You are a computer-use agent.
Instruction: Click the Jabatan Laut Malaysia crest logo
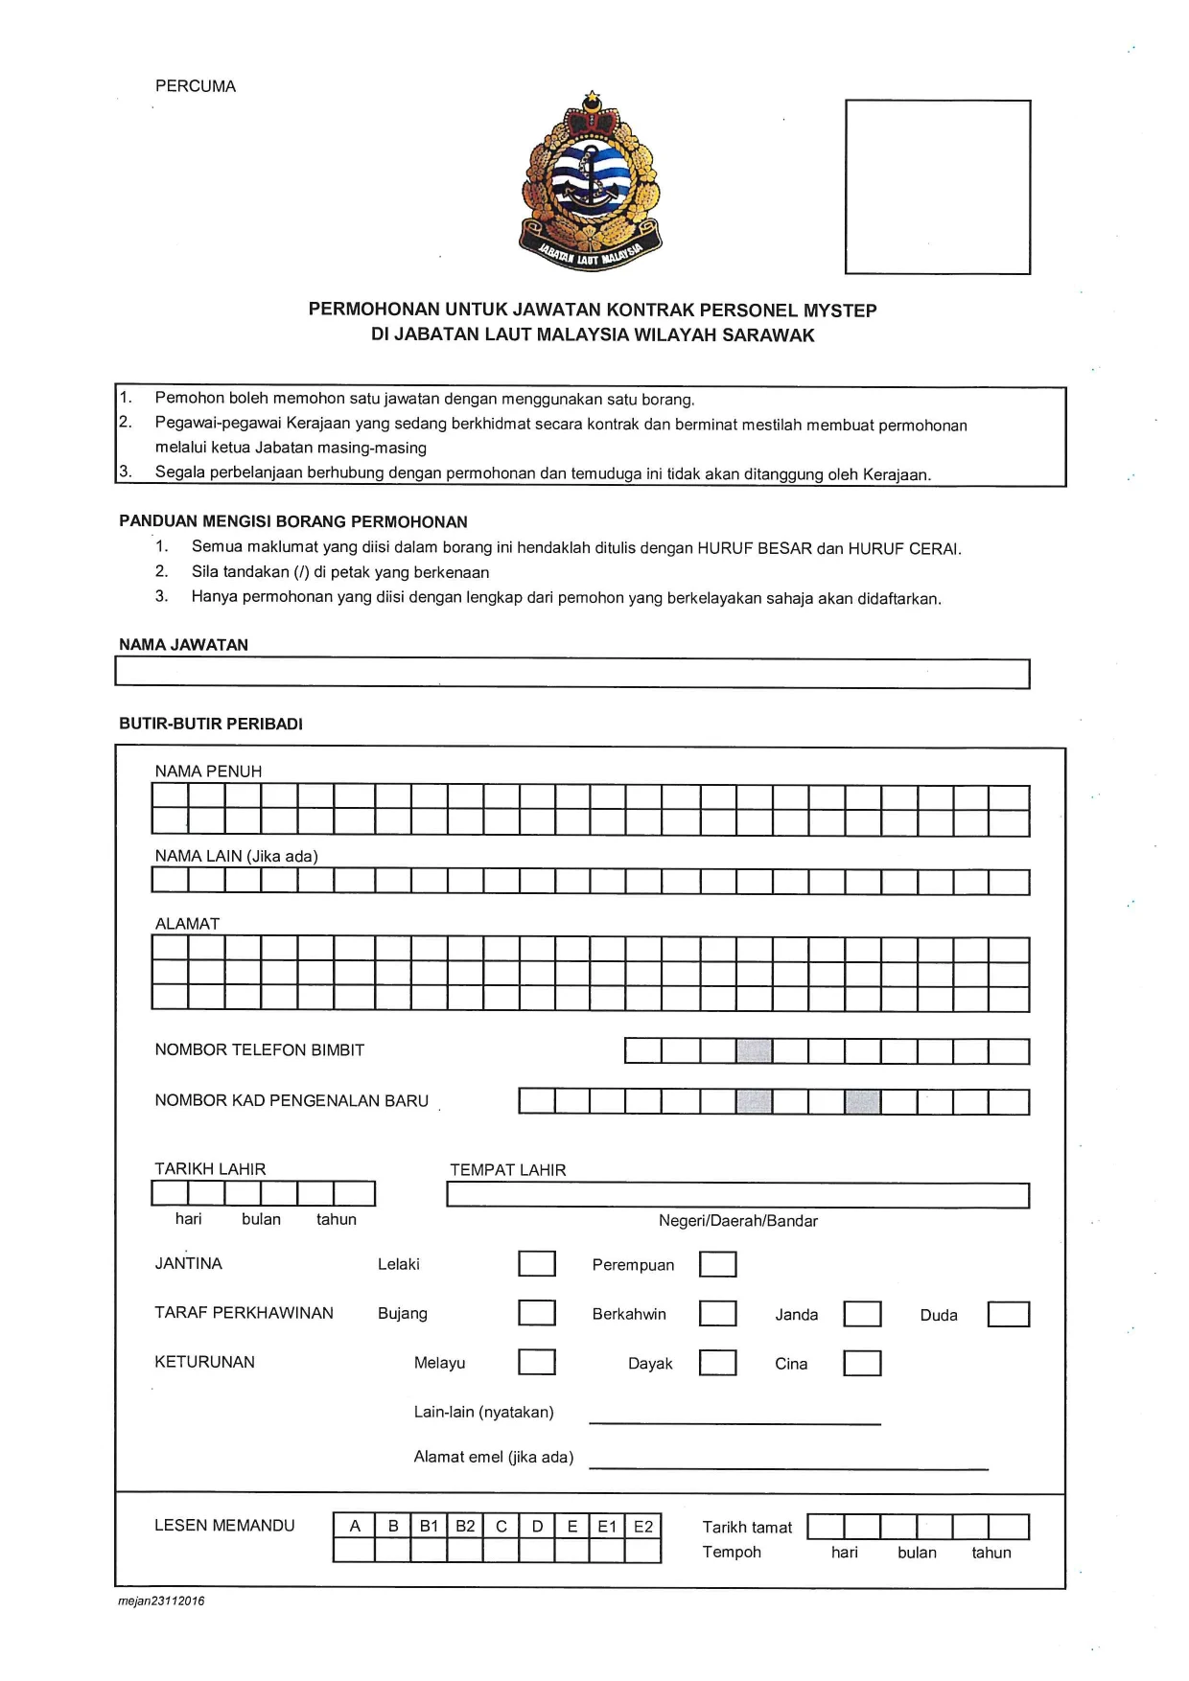(x=591, y=182)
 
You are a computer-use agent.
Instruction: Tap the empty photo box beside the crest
(x=937, y=187)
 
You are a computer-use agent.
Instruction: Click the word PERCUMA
(x=196, y=86)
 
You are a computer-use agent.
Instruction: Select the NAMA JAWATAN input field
(x=571, y=674)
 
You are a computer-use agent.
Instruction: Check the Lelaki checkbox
(x=537, y=1264)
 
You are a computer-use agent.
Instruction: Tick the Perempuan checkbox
(x=717, y=1265)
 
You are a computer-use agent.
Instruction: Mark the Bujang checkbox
(x=537, y=1313)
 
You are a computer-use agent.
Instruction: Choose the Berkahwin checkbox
(x=717, y=1314)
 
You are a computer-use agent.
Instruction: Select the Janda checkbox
(x=862, y=1314)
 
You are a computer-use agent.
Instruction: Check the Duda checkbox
(x=1008, y=1314)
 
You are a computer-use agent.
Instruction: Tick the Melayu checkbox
(x=537, y=1362)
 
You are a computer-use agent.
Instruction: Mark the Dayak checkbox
(x=717, y=1363)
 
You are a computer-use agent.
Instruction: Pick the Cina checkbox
(x=862, y=1364)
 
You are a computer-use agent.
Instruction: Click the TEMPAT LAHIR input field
(x=737, y=1195)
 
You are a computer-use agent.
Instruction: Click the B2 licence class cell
(x=465, y=1526)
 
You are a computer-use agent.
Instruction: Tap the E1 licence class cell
(x=607, y=1526)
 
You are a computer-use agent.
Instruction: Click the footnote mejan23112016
(x=161, y=1601)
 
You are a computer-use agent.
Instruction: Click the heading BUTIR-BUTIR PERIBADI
(x=211, y=725)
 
